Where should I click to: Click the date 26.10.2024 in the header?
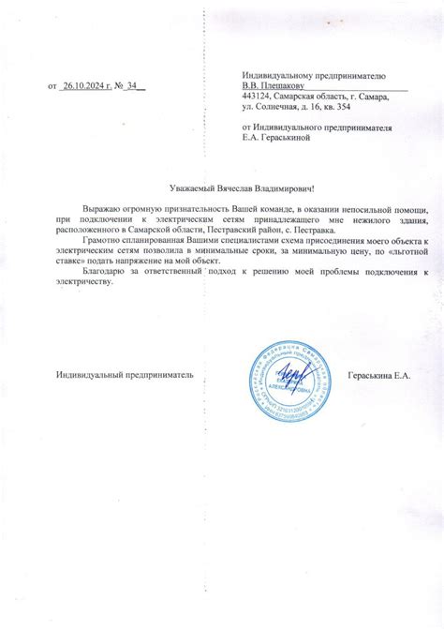point(85,86)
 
